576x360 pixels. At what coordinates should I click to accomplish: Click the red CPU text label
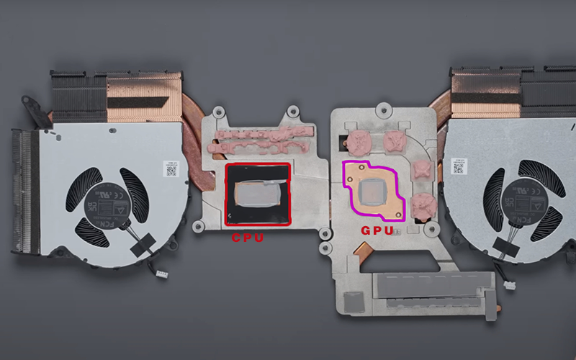click(x=247, y=236)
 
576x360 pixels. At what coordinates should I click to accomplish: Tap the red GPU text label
click(x=377, y=231)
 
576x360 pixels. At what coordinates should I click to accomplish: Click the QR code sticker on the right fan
click(x=459, y=168)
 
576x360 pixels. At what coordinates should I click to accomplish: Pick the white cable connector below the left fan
click(x=161, y=274)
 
